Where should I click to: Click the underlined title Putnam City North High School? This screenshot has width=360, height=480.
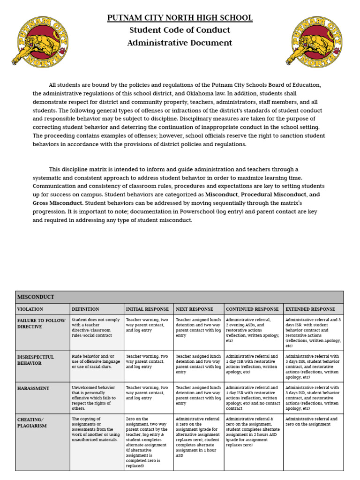(180, 18)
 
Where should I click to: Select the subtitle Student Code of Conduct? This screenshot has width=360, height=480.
(180, 30)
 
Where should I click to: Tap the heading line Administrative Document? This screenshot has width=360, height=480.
(180, 43)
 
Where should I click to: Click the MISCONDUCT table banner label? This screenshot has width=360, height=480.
(36, 297)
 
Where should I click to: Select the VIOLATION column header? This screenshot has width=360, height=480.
(30, 309)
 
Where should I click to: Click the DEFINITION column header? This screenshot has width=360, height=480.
(85, 309)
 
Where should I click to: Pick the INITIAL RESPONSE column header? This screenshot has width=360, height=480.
(147, 309)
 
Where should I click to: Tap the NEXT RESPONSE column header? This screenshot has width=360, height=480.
(195, 309)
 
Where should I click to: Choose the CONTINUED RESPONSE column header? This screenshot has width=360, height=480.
(252, 309)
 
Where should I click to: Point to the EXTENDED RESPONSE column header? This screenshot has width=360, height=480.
(310, 309)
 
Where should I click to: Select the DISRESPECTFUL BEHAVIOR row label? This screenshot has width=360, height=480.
(36, 360)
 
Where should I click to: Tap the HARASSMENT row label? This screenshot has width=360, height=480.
(33, 388)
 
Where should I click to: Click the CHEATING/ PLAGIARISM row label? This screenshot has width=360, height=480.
(32, 422)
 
